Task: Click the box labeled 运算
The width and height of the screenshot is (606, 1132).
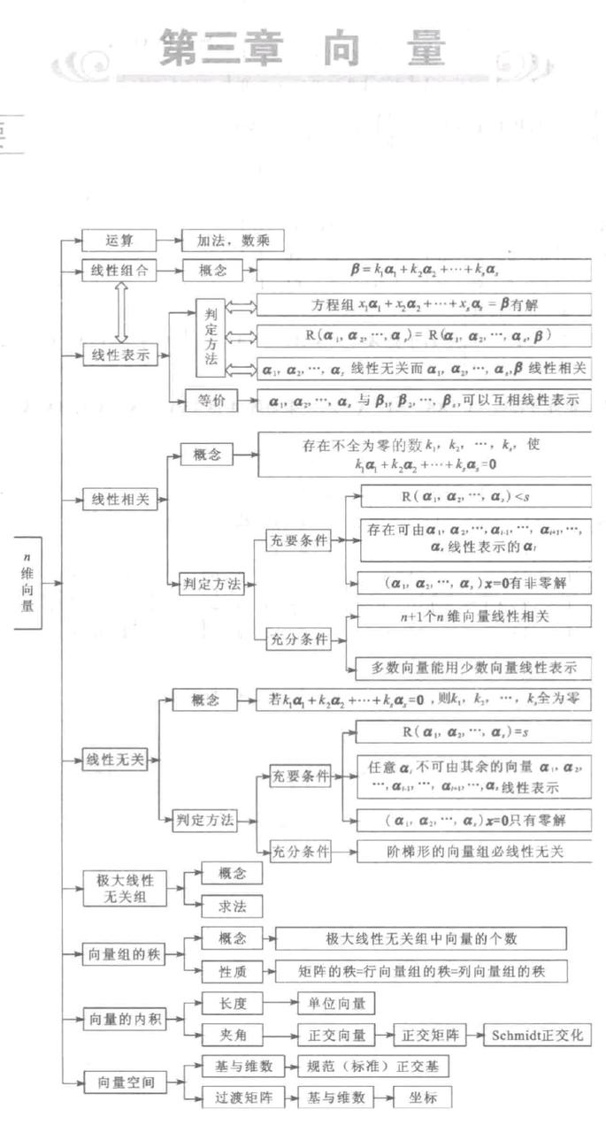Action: pos(119,241)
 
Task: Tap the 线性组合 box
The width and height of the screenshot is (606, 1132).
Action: pos(119,271)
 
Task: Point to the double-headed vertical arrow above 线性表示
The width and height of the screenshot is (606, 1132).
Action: pos(121,312)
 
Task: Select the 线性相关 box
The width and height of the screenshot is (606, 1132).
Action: pos(119,499)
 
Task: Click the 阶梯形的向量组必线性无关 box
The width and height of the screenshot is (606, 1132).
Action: pos(473,852)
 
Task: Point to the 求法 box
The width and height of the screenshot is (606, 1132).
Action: pos(232,906)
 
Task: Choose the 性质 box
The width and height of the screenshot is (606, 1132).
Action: pos(232,970)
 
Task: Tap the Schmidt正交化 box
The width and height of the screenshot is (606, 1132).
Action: pos(538,1035)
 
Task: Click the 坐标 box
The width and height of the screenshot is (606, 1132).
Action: pos(424,1098)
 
